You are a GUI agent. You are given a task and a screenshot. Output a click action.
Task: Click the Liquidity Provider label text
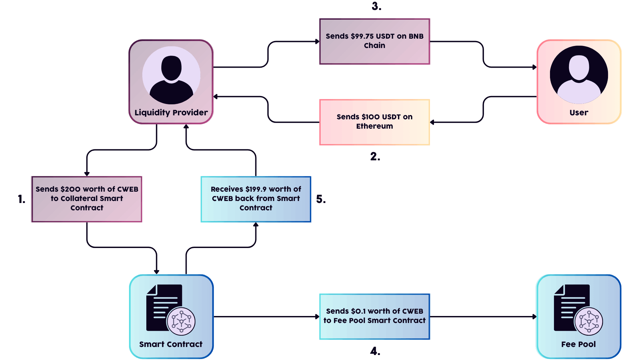tap(171, 113)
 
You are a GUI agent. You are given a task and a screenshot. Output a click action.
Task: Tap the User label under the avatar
tap(579, 113)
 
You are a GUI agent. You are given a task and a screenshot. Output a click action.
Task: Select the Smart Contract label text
tap(171, 344)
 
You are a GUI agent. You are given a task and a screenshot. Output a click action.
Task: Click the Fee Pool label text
tap(578, 344)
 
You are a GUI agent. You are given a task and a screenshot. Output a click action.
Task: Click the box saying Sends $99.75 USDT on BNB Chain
tap(375, 41)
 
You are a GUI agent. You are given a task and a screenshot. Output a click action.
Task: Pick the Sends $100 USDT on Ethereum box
tap(375, 122)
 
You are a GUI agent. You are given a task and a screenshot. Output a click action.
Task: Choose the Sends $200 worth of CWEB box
tap(87, 199)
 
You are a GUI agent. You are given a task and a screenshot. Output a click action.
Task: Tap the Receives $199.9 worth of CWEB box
tap(256, 199)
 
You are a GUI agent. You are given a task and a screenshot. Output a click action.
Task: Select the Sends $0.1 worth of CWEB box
tap(375, 316)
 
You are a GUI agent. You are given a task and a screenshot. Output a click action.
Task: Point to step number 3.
tap(376, 6)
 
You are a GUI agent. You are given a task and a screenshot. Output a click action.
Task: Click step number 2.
tap(375, 156)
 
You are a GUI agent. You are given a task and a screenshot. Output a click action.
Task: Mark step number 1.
tap(22, 199)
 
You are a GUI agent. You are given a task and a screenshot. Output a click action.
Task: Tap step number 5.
tap(321, 199)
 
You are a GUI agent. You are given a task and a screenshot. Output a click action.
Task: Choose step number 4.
tap(375, 351)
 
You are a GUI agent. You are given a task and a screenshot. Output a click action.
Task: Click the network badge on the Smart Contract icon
tap(181, 321)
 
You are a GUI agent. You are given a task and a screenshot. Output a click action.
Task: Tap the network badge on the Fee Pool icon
tap(589, 321)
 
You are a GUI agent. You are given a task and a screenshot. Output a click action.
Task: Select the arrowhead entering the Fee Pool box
tap(534, 317)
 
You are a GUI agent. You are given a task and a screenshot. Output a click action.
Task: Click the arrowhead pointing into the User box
tap(534, 67)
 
